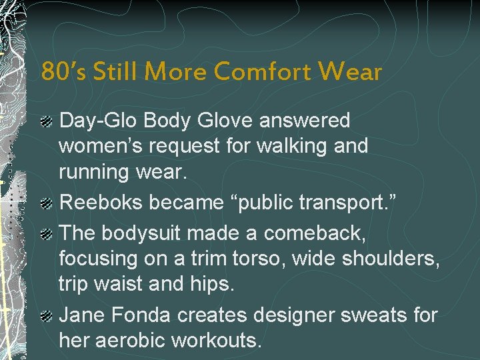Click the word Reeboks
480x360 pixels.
pyautogui.click(x=101, y=203)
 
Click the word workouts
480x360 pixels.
pyautogui.click(x=216, y=340)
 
